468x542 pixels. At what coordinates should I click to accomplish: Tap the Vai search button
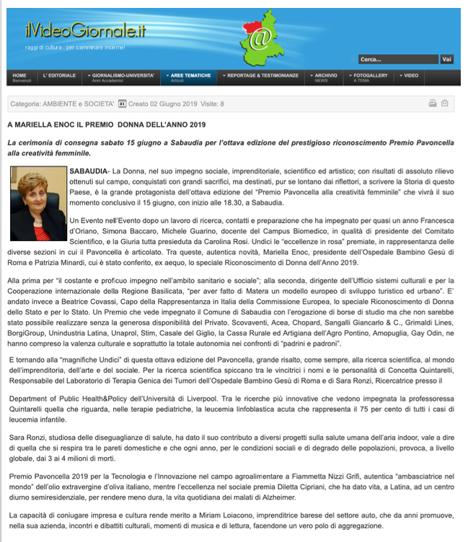pyautogui.click(x=446, y=59)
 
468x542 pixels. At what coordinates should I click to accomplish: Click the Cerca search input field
pyautogui.click(x=398, y=59)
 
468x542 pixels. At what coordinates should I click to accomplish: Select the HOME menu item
pyautogui.click(x=19, y=76)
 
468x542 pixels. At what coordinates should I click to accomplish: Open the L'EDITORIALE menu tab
pyautogui.click(x=59, y=76)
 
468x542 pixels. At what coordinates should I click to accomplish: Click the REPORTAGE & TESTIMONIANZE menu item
pyautogui.click(x=262, y=76)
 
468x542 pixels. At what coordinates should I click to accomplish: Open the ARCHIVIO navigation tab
pyautogui.click(x=324, y=76)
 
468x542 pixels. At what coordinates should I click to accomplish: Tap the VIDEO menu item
pyautogui.click(x=410, y=76)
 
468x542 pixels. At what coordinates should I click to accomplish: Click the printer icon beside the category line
pyautogui.click(x=432, y=104)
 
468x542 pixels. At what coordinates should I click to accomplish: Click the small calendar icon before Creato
pyautogui.click(x=123, y=104)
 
